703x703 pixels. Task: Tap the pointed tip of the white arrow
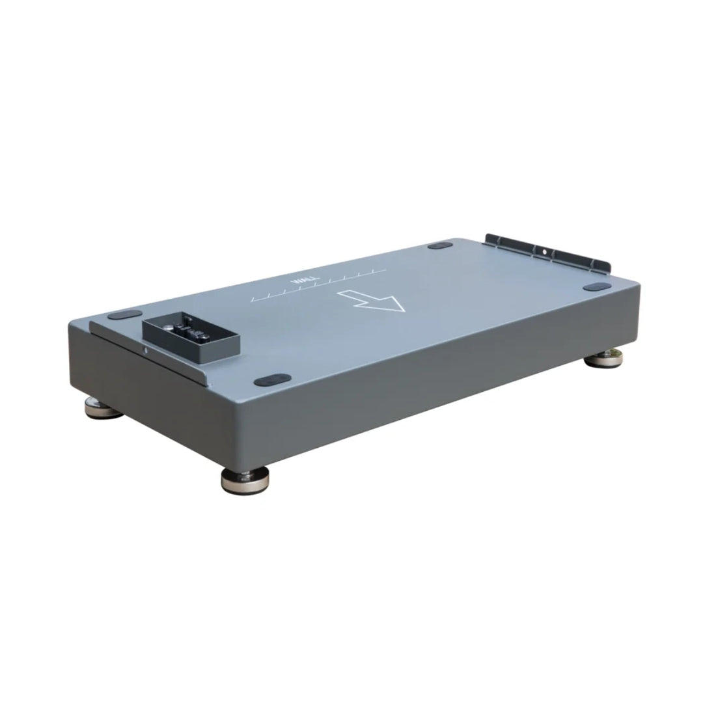tap(404, 310)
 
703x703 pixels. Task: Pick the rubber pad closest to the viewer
tap(272, 381)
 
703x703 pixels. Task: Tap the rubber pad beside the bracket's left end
tap(440, 245)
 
